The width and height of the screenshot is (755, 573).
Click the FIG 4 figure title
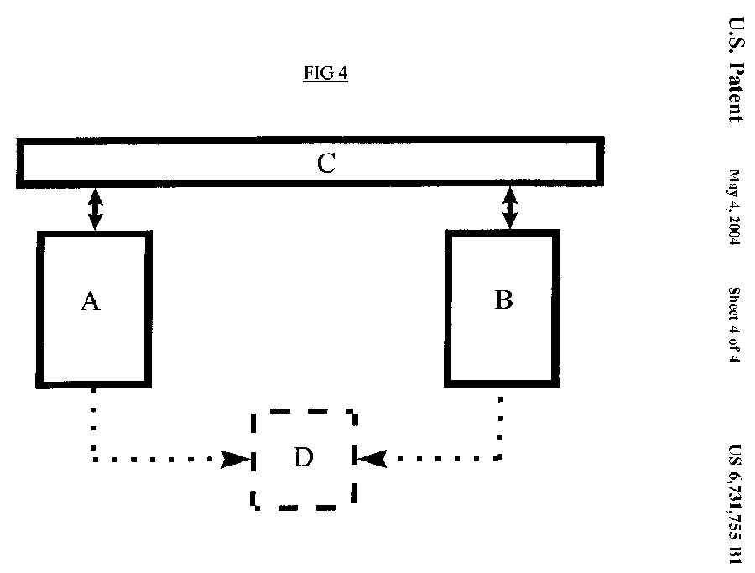click(x=325, y=73)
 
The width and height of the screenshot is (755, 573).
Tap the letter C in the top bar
click(x=326, y=164)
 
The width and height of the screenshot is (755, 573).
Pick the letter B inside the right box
click(x=503, y=300)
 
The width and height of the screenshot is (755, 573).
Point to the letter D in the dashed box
click(x=303, y=457)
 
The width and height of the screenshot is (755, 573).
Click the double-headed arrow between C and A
click(x=95, y=208)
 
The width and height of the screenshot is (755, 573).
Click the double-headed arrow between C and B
click(x=509, y=208)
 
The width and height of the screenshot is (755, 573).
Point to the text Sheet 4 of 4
click(x=734, y=326)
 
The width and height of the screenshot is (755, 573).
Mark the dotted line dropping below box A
click(x=94, y=424)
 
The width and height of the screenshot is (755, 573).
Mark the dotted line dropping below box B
click(x=501, y=424)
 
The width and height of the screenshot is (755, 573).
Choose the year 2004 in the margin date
click(x=734, y=228)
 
